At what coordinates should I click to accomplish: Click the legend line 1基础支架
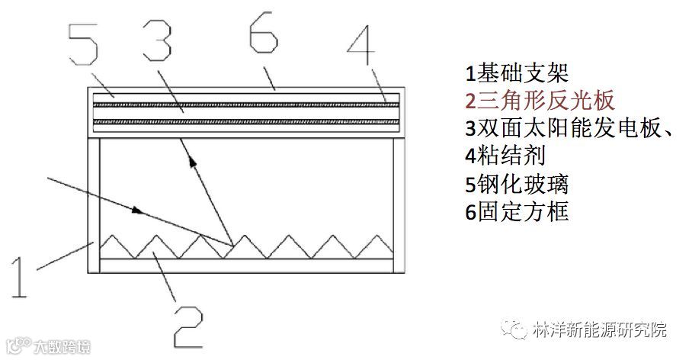(518, 74)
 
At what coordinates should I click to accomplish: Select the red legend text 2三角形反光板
(540, 101)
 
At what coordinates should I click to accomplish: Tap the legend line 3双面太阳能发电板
(568, 127)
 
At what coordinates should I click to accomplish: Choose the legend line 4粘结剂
(505, 155)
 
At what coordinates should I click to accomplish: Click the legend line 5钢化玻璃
(517, 183)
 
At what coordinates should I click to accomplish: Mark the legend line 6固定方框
(517, 211)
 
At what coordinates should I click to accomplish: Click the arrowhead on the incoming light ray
(138, 208)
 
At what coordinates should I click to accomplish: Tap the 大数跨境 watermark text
(61, 348)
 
